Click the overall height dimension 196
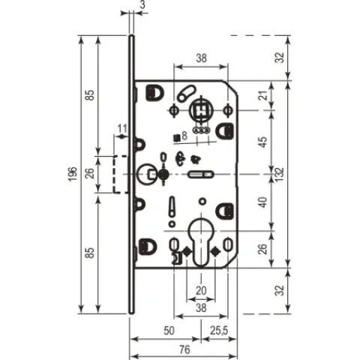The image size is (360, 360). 73,174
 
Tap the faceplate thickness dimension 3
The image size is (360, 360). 142,4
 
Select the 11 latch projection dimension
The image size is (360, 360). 122,129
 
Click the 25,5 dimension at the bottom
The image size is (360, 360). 219,331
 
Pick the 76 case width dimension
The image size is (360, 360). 184,349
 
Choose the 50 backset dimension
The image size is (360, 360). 169,331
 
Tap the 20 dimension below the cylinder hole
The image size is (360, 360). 201,291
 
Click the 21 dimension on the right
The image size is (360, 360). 263,95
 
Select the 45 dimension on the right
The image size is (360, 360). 263,142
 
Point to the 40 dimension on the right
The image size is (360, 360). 263,202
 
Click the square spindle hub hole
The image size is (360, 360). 201,110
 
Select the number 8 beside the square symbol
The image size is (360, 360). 184,136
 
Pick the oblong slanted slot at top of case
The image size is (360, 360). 187,93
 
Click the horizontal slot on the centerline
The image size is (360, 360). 201,174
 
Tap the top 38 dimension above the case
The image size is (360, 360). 201,58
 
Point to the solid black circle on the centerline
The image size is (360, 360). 163,174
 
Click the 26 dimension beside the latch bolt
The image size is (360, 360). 90,172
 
